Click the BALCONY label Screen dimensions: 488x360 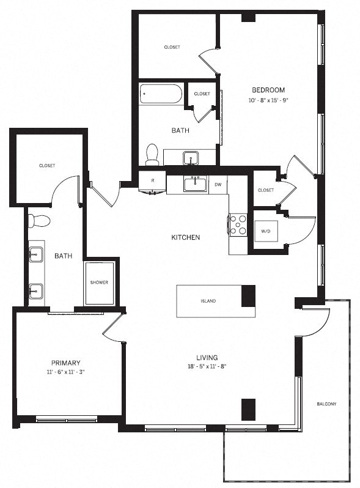tap(326, 404)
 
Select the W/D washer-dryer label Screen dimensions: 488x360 tap(266, 231)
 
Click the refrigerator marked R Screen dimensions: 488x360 tap(152, 181)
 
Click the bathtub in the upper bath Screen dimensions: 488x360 tap(161, 94)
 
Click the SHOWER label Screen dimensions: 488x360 tap(99, 283)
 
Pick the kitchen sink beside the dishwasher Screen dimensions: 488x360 tap(195, 182)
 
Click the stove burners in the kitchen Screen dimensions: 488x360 tap(238, 224)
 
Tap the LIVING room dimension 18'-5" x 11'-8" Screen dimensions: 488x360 tap(207, 366)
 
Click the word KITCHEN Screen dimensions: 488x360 tap(186, 237)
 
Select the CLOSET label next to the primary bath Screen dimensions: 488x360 tap(47, 166)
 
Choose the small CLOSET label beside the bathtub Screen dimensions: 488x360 tap(202, 94)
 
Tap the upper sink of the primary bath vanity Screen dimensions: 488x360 tap(36, 253)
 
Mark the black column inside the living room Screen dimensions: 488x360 tap(248, 409)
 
